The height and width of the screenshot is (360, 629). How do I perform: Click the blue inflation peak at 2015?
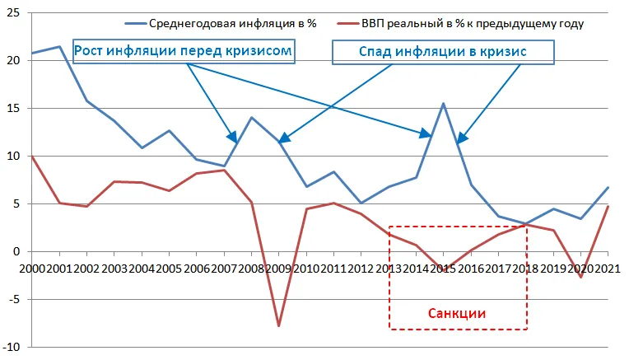(x=443, y=104)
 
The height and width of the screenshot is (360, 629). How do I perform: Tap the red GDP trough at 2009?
(x=279, y=325)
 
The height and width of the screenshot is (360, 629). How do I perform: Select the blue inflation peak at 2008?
(x=252, y=117)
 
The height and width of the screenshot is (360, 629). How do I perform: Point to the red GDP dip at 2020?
(x=581, y=277)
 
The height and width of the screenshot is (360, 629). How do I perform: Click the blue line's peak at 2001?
(x=59, y=47)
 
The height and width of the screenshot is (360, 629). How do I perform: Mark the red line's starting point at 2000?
(x=32, y=157)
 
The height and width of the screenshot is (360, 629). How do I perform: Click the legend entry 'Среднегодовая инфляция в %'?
(x=221, y=23)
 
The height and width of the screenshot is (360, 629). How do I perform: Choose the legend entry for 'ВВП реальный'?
(x=460, y=23)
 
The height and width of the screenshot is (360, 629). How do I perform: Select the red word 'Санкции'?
(x=457, y=313)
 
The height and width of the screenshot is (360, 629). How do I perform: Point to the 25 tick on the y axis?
(x=14, y=13)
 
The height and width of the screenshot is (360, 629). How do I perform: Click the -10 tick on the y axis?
(x=12, y=347)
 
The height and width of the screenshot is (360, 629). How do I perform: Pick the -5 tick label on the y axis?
(x=14, y=299)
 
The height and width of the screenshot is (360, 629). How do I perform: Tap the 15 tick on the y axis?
(x=14, y=109)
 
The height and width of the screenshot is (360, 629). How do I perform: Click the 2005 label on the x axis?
(x=170, y=268)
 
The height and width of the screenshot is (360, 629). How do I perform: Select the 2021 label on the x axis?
(x=608, y=268)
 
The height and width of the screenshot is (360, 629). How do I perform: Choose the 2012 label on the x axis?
(x=361, y=268)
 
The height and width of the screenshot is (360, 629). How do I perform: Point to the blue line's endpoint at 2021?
(x=608, y=188)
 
